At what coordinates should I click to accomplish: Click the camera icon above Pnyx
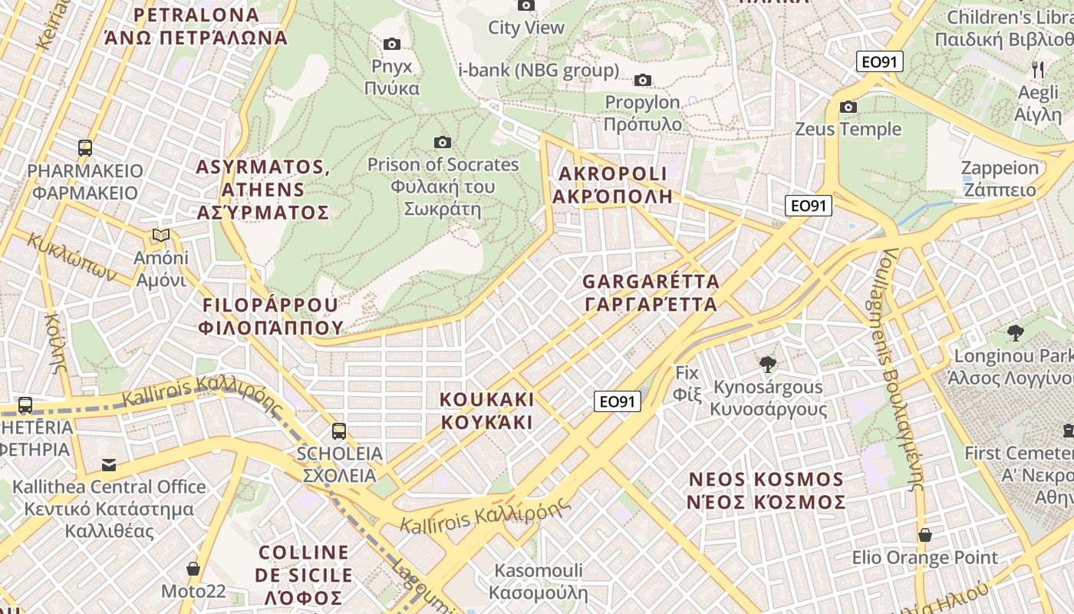coord(392,44)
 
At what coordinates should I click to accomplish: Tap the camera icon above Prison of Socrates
coord(442,142)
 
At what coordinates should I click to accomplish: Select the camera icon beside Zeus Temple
coord(848,107)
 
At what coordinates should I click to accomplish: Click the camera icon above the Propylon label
coord(643,80)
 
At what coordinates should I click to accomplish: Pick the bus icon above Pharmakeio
coord(85,148)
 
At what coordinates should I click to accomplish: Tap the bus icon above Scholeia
coord(339,431)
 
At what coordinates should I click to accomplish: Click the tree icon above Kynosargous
coord(766,365)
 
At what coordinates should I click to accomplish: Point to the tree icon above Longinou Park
coord(1016,333)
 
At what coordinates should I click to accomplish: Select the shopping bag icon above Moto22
coord(193,569)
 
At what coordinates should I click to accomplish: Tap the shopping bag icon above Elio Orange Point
coord(925,535)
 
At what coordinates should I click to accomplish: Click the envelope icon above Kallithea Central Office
coord(109,464)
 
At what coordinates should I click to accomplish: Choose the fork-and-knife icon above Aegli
coord(1038,70)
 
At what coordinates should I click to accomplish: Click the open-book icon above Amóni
coord(161,235)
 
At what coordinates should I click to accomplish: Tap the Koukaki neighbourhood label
coord(486,411)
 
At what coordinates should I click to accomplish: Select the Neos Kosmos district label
coord(766,491)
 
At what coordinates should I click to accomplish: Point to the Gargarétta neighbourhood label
coord(651,292)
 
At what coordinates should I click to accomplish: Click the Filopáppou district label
coord(270,316)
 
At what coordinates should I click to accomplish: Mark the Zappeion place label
coord(1000,178)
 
